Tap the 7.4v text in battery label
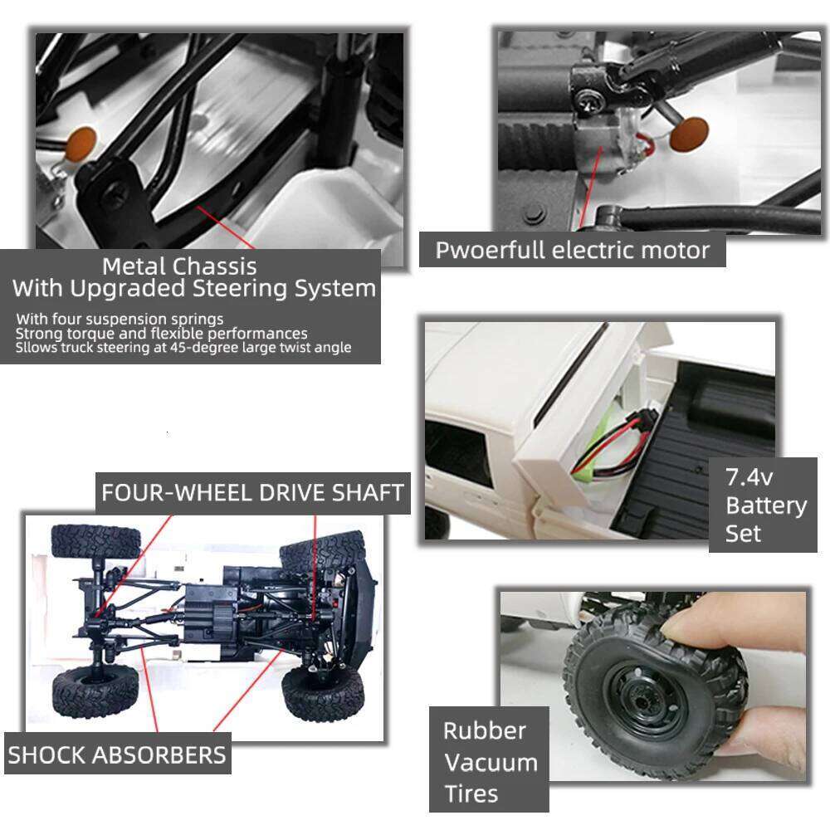[749, 477]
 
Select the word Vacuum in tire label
[490, 762]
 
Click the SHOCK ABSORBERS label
[117, 754]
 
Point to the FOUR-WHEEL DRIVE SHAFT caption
[252, 492]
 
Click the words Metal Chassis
[179, 266]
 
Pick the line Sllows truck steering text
[183, 348]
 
